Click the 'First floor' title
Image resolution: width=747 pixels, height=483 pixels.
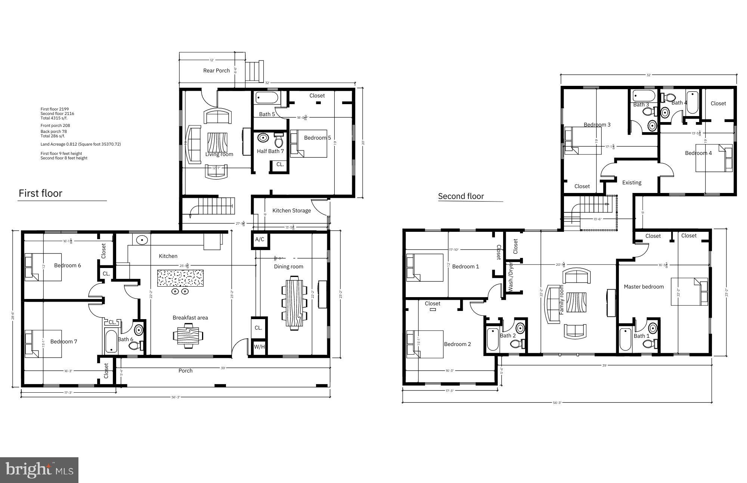(x=40, y=193)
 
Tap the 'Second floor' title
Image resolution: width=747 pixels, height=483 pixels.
(x=461, y=196)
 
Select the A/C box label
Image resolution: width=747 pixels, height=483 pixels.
(x=260, y=240)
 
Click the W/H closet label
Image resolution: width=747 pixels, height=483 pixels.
(x=259, y=347)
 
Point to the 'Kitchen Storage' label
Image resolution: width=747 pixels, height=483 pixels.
(x=291, y=211)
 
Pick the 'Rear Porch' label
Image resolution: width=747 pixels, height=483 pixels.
(x=216, y=71)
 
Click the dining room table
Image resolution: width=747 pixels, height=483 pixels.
(x=295, y=302)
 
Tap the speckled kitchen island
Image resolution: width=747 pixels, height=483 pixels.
(x=180, y=278)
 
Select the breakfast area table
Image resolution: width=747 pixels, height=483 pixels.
(x=189, y=335)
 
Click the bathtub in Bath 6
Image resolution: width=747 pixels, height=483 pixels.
(x=111, y=341)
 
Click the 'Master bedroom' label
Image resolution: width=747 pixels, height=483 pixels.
(x=644, y=287)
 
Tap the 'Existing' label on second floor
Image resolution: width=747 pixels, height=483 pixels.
(x=632, y=183)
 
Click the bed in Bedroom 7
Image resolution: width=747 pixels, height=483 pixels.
(x=43, y=343)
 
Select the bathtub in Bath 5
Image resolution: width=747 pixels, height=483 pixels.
(x=267, y=98)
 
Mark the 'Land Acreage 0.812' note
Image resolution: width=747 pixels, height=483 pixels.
(x=80, y=144)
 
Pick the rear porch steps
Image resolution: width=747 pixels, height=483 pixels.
(x=254, y=71)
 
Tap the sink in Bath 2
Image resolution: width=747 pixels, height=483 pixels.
(x=520, y=328)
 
